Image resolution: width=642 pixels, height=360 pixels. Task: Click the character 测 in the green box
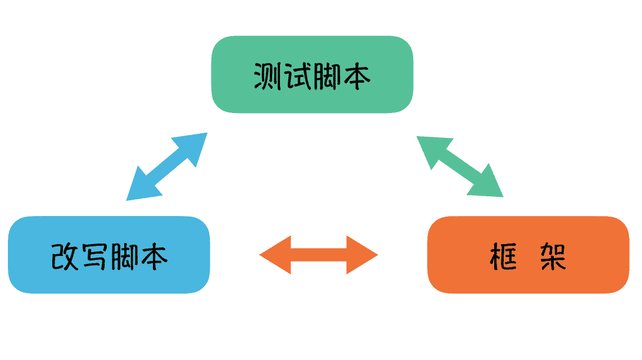click(x=268, y=75)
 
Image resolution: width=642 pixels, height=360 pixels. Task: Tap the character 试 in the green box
click(x=297, y=75)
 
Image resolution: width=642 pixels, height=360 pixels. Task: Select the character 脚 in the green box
click(x=327, y=75)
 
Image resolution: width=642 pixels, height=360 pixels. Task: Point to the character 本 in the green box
click(x=356, y=75)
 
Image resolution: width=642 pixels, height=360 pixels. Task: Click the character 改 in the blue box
click(x=65, y=256)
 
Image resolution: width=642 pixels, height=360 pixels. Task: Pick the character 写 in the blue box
click(x=94, y=256)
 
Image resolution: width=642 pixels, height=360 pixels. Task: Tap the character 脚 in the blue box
click(x=124, y=256)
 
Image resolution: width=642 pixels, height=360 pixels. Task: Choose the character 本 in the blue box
click(x=153, y=256)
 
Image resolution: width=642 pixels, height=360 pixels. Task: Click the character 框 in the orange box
click(x=503, y=256)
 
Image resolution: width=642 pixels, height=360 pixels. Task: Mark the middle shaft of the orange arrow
click(x=319, y=255)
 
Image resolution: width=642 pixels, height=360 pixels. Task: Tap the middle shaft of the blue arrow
click(x=167, y=167)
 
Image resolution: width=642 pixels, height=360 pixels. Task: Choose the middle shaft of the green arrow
click(x=459, y=166)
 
